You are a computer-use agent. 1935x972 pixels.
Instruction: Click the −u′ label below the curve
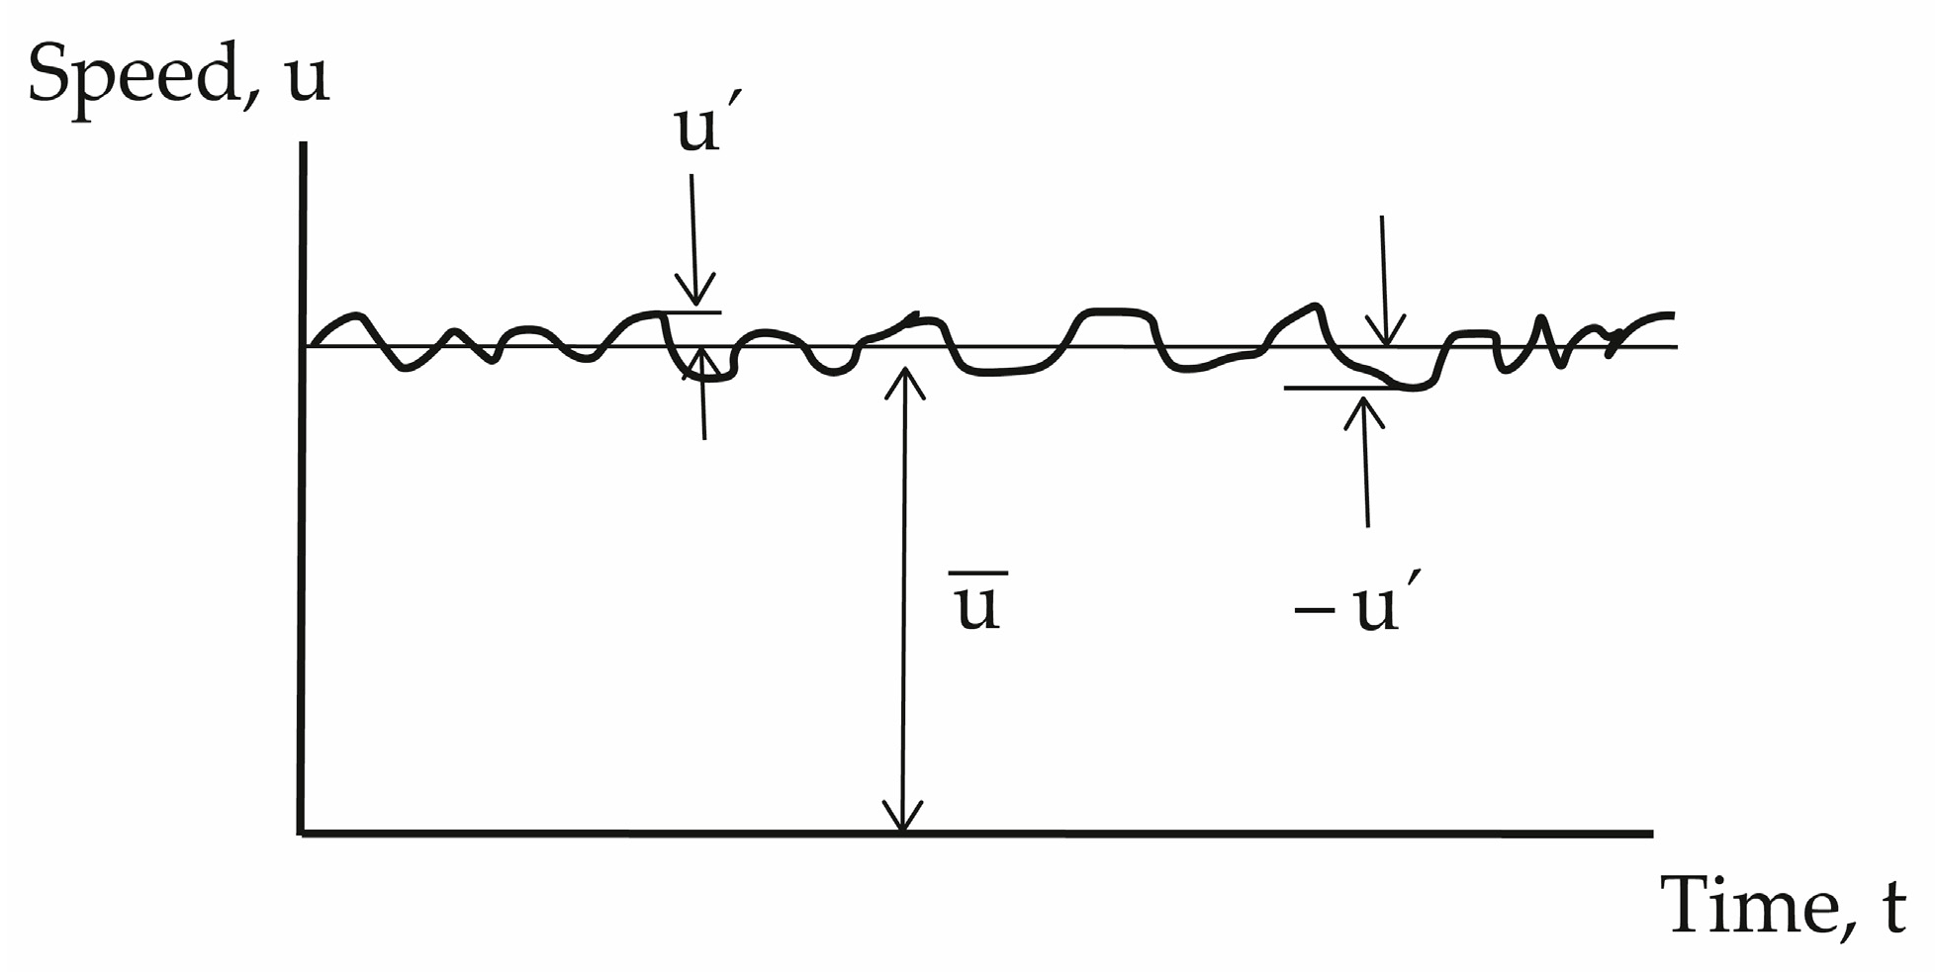click(1361, 605)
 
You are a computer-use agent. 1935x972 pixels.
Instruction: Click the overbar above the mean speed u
click(978, 573)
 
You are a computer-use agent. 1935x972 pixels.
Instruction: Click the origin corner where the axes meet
click(303, 834)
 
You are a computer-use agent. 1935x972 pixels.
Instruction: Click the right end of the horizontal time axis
click(1650, 834)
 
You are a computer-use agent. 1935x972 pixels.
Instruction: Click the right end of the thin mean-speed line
click(1675, 347)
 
